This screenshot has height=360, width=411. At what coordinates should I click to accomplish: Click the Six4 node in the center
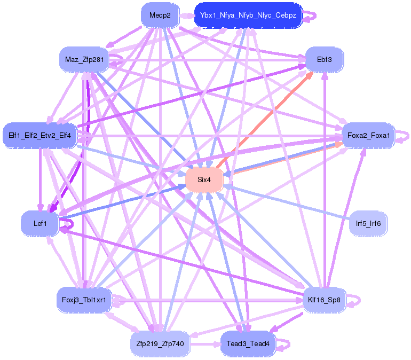204,180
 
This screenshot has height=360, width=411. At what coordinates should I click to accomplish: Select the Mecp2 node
160,15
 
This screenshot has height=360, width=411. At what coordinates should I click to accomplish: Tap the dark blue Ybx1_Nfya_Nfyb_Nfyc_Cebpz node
248,15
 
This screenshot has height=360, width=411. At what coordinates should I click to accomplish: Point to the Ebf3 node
324,59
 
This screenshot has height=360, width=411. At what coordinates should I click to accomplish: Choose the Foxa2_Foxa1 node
368,136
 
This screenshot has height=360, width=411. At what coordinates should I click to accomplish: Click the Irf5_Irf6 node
368,223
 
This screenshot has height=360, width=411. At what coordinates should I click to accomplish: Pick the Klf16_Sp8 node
324,300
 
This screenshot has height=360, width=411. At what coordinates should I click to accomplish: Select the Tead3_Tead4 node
248,344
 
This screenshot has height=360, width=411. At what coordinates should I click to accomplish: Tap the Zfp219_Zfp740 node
160,344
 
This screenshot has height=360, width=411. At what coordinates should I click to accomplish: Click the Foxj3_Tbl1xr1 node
84,300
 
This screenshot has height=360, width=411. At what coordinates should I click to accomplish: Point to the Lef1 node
40,223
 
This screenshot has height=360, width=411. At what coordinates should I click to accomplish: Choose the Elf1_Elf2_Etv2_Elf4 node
40,136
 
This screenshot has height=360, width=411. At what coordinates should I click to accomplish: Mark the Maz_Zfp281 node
84,59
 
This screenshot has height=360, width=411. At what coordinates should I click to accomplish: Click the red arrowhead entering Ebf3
308,75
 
